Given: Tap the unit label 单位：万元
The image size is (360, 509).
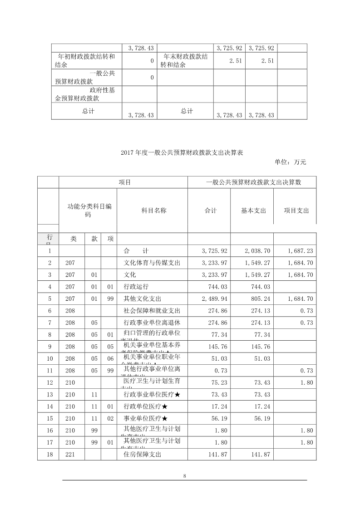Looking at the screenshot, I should pyautogui.click(x=291, y=162).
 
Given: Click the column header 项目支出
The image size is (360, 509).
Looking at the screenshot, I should pyautogui.click(x=296, y=210).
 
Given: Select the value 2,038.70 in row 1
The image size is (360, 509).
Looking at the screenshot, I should pyautogui.click(x=257, y=250).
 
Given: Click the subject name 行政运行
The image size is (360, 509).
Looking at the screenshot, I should pyautogui.click(x=136, y=287).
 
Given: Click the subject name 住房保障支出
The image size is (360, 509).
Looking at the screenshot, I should pyautogui.click(x=143, y=454).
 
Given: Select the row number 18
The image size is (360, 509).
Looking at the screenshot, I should pyautogui.click(x=48, y=454).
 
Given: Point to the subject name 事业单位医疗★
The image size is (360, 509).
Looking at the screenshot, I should pyautogui.click(x=146, y=418).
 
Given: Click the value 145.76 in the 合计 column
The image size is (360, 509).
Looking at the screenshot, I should pyautogui.click(x=216, y=347).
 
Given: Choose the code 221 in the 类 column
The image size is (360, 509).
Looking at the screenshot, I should pyautogui.click(x=70, y=454).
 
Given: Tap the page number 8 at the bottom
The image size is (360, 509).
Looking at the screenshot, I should pyautogui.click(x=184, y=476).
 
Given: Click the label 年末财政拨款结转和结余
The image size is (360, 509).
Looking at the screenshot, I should pyautogui.click(x=184, y=61).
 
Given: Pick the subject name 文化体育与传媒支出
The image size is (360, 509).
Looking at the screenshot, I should pyautogui.click(x=152, y=263).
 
